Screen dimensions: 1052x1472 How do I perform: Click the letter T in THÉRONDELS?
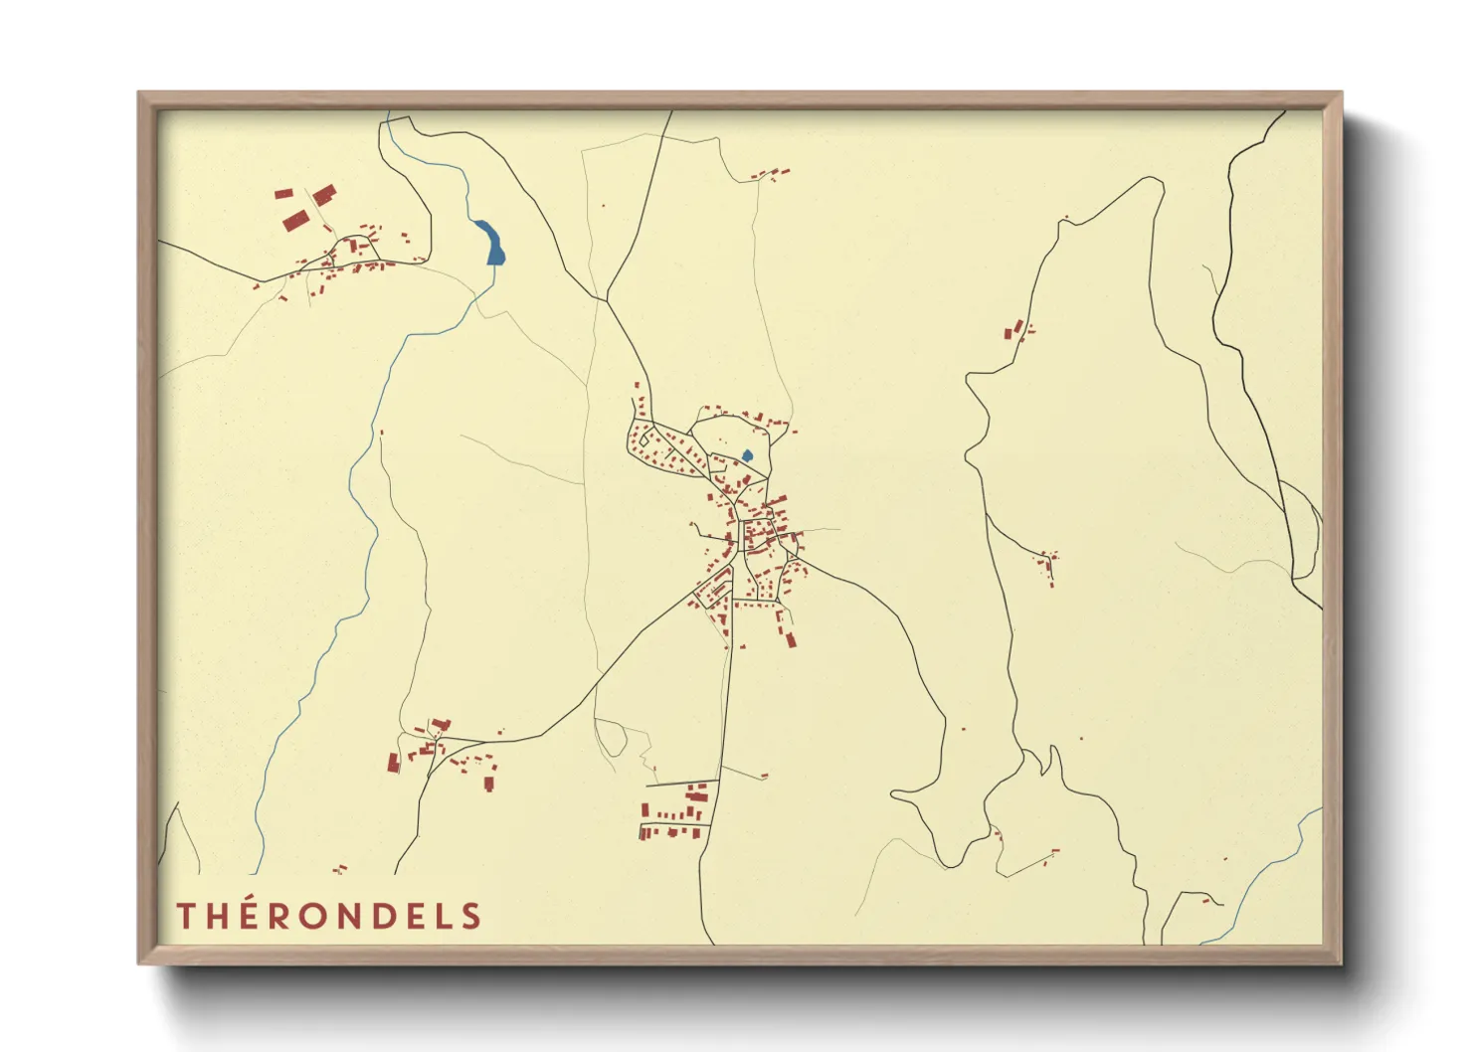186,916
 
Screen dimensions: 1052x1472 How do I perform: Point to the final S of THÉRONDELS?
471,916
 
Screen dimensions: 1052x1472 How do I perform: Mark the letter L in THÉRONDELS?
444,916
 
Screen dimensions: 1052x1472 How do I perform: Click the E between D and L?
416,916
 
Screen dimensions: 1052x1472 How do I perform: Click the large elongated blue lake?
490,243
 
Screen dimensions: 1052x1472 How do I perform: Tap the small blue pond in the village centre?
747,456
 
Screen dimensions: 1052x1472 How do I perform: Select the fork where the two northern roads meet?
606,298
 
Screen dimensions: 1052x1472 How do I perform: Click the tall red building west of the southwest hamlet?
393,763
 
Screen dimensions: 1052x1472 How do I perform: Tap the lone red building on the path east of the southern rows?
764,776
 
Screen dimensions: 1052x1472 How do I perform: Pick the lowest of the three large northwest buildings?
292,221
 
